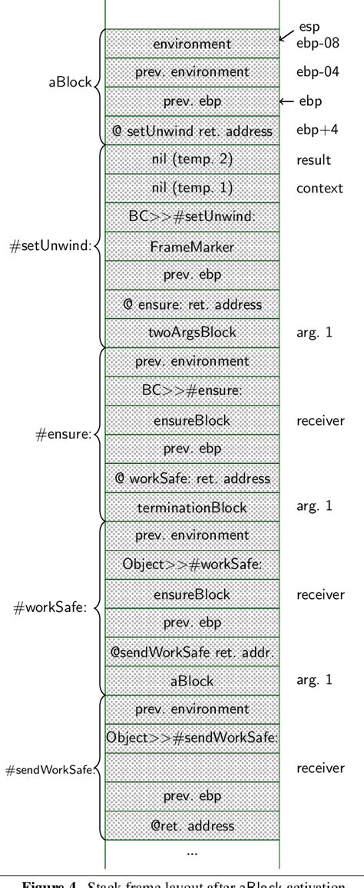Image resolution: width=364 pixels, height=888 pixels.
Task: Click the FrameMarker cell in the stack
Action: [x=191, y=247]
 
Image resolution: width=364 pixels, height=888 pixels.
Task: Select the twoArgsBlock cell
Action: [x=191, y=332]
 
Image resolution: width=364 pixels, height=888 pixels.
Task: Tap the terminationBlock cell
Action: [x=191, y=506]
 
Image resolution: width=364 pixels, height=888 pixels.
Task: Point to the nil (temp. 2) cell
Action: [x=191, y=160]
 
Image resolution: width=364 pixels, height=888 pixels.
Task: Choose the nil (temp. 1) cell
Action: [x=191, y=189]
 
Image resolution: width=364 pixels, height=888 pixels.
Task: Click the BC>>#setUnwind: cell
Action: [x=191, y=218]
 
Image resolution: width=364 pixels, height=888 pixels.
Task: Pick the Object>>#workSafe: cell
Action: [x=191, y=564]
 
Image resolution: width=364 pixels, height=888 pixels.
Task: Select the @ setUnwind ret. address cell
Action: [x=191, y=130]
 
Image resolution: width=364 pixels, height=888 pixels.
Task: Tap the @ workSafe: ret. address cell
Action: [x=191, y=478]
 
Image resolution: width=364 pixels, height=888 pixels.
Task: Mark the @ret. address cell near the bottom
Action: [x=191, y=825]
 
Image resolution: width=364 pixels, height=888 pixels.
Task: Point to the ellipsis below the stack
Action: [x=191, y=853]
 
